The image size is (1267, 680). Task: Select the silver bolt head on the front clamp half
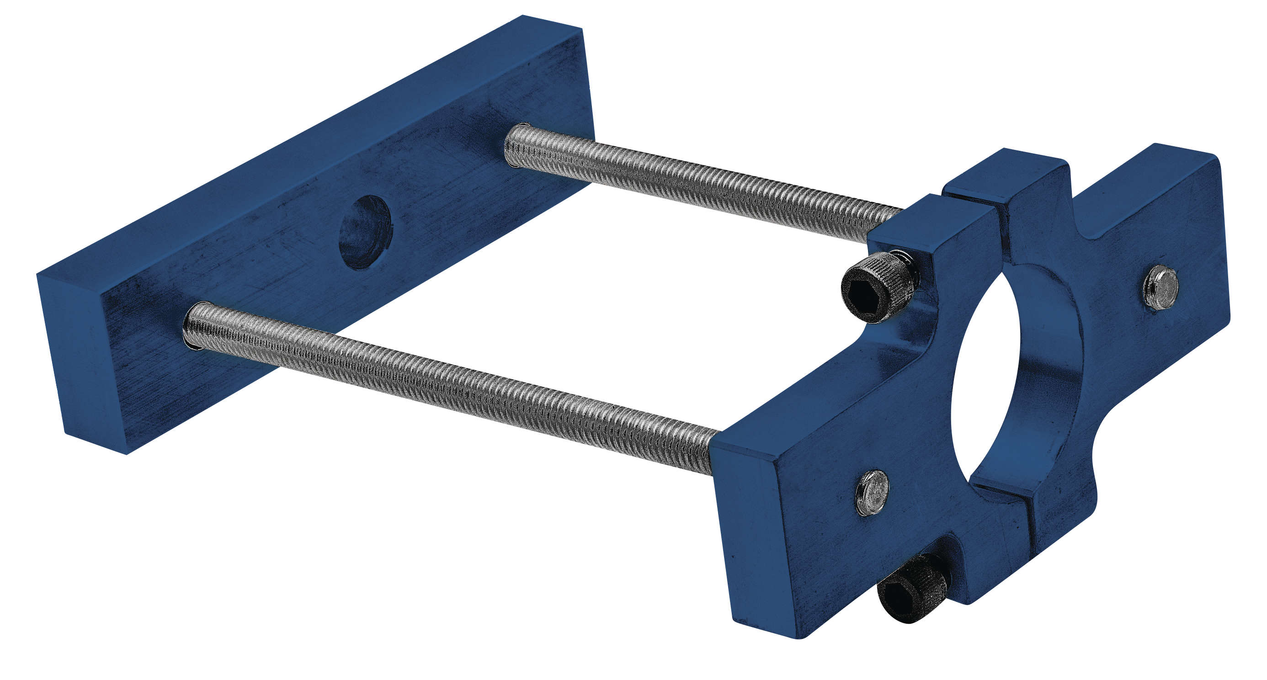click(x=872, y=493)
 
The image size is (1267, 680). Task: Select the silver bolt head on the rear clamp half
click(x=1161, y=287)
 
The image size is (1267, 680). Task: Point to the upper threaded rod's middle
click(x=703, y=184)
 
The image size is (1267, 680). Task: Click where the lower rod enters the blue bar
click(x=193, y=326)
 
